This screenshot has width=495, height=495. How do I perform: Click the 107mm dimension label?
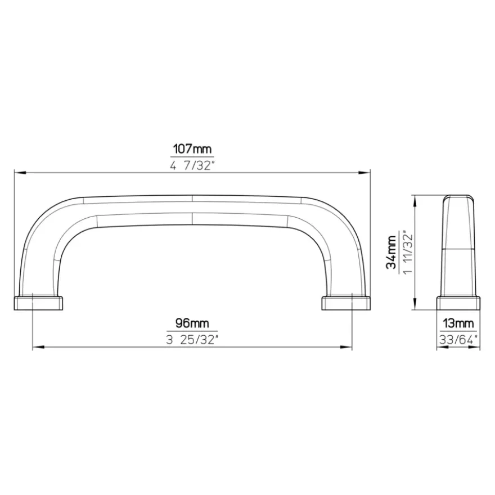[x=192, y=148]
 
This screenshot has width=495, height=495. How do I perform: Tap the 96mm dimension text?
[x=192, y=323]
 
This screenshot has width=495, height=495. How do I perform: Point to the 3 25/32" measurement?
[x=192, y=340]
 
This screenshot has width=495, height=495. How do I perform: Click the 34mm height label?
[x=391, y=251]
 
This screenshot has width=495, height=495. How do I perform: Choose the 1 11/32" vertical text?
[x=408, y=254]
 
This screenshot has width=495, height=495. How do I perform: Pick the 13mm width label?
[x=458, y=323]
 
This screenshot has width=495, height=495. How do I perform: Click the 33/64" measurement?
[x=458, y=340]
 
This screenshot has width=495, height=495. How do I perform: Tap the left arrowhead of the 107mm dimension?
[x=20, y=173]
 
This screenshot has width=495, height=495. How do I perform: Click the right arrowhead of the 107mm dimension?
[x=364, y=173]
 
